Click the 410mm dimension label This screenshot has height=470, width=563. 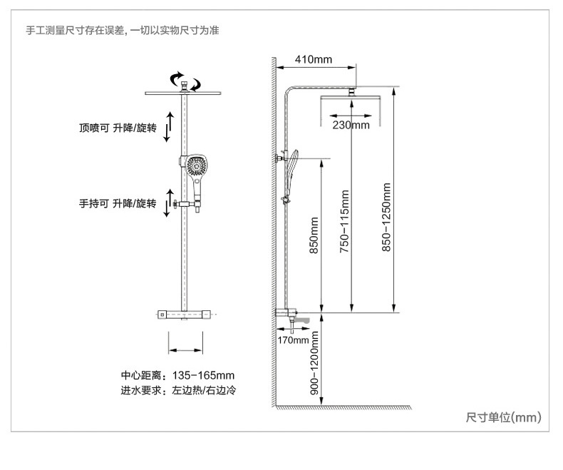click(314, 59)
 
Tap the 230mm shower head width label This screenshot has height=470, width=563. click(351, 125)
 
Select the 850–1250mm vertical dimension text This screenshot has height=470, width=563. click(386, 218)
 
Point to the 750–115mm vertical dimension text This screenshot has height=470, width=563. click(344, 221)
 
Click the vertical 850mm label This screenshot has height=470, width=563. click(314, 235)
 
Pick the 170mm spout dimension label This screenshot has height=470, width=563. click(293, 340)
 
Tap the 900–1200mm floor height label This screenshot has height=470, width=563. click(314, 363)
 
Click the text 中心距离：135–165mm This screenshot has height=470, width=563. click(177, 375)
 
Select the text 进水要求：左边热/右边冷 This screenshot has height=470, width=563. click(178, 390)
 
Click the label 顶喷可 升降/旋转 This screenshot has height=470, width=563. click(118, 128)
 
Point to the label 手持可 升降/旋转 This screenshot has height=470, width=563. click(118, 204)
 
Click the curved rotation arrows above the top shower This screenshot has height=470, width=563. click(185, 81)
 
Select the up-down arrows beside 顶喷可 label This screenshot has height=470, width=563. click(168, 126)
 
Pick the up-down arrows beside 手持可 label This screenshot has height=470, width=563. click(168, 203)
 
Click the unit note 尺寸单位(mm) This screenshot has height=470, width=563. click(503, 417)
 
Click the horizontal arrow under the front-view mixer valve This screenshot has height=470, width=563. click(185, 350)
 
